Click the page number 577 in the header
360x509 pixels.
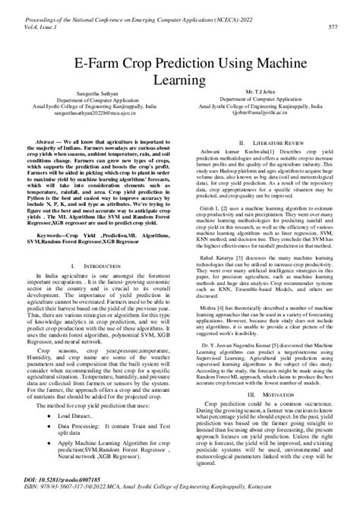pos(332,25)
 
